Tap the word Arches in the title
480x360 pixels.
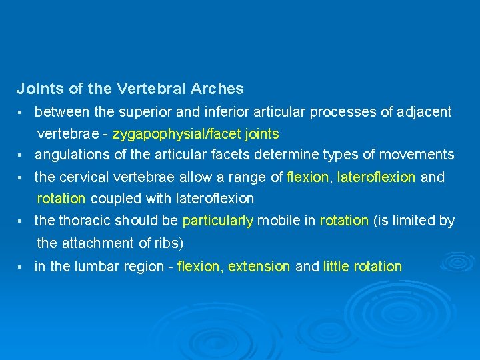[x=217, y=88]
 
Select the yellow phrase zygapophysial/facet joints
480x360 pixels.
[x=196, y=134]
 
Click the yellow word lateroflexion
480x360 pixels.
[x=377, y=177]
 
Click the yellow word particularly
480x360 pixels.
[x=217, y=221]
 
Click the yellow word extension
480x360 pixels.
[x=259, y=267]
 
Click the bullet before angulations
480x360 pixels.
[x=21, y=155]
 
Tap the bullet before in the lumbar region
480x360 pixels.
[x=21, y=267]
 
